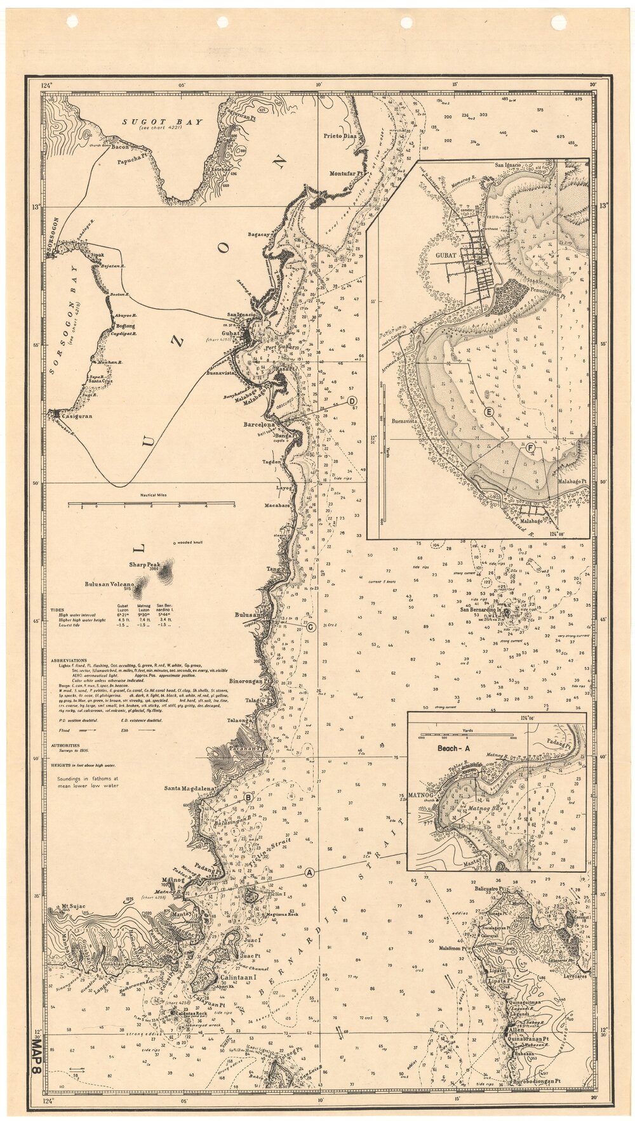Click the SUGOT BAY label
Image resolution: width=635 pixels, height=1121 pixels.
(163, 121)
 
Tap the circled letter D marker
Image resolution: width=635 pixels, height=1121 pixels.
(352, 400)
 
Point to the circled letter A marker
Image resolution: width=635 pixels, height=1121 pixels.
(309, 873)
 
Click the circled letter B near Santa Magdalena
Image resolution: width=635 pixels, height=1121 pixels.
(249, 797)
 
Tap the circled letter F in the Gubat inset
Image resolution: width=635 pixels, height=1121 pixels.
(530, 447)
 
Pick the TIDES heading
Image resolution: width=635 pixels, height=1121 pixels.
(57, 609)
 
